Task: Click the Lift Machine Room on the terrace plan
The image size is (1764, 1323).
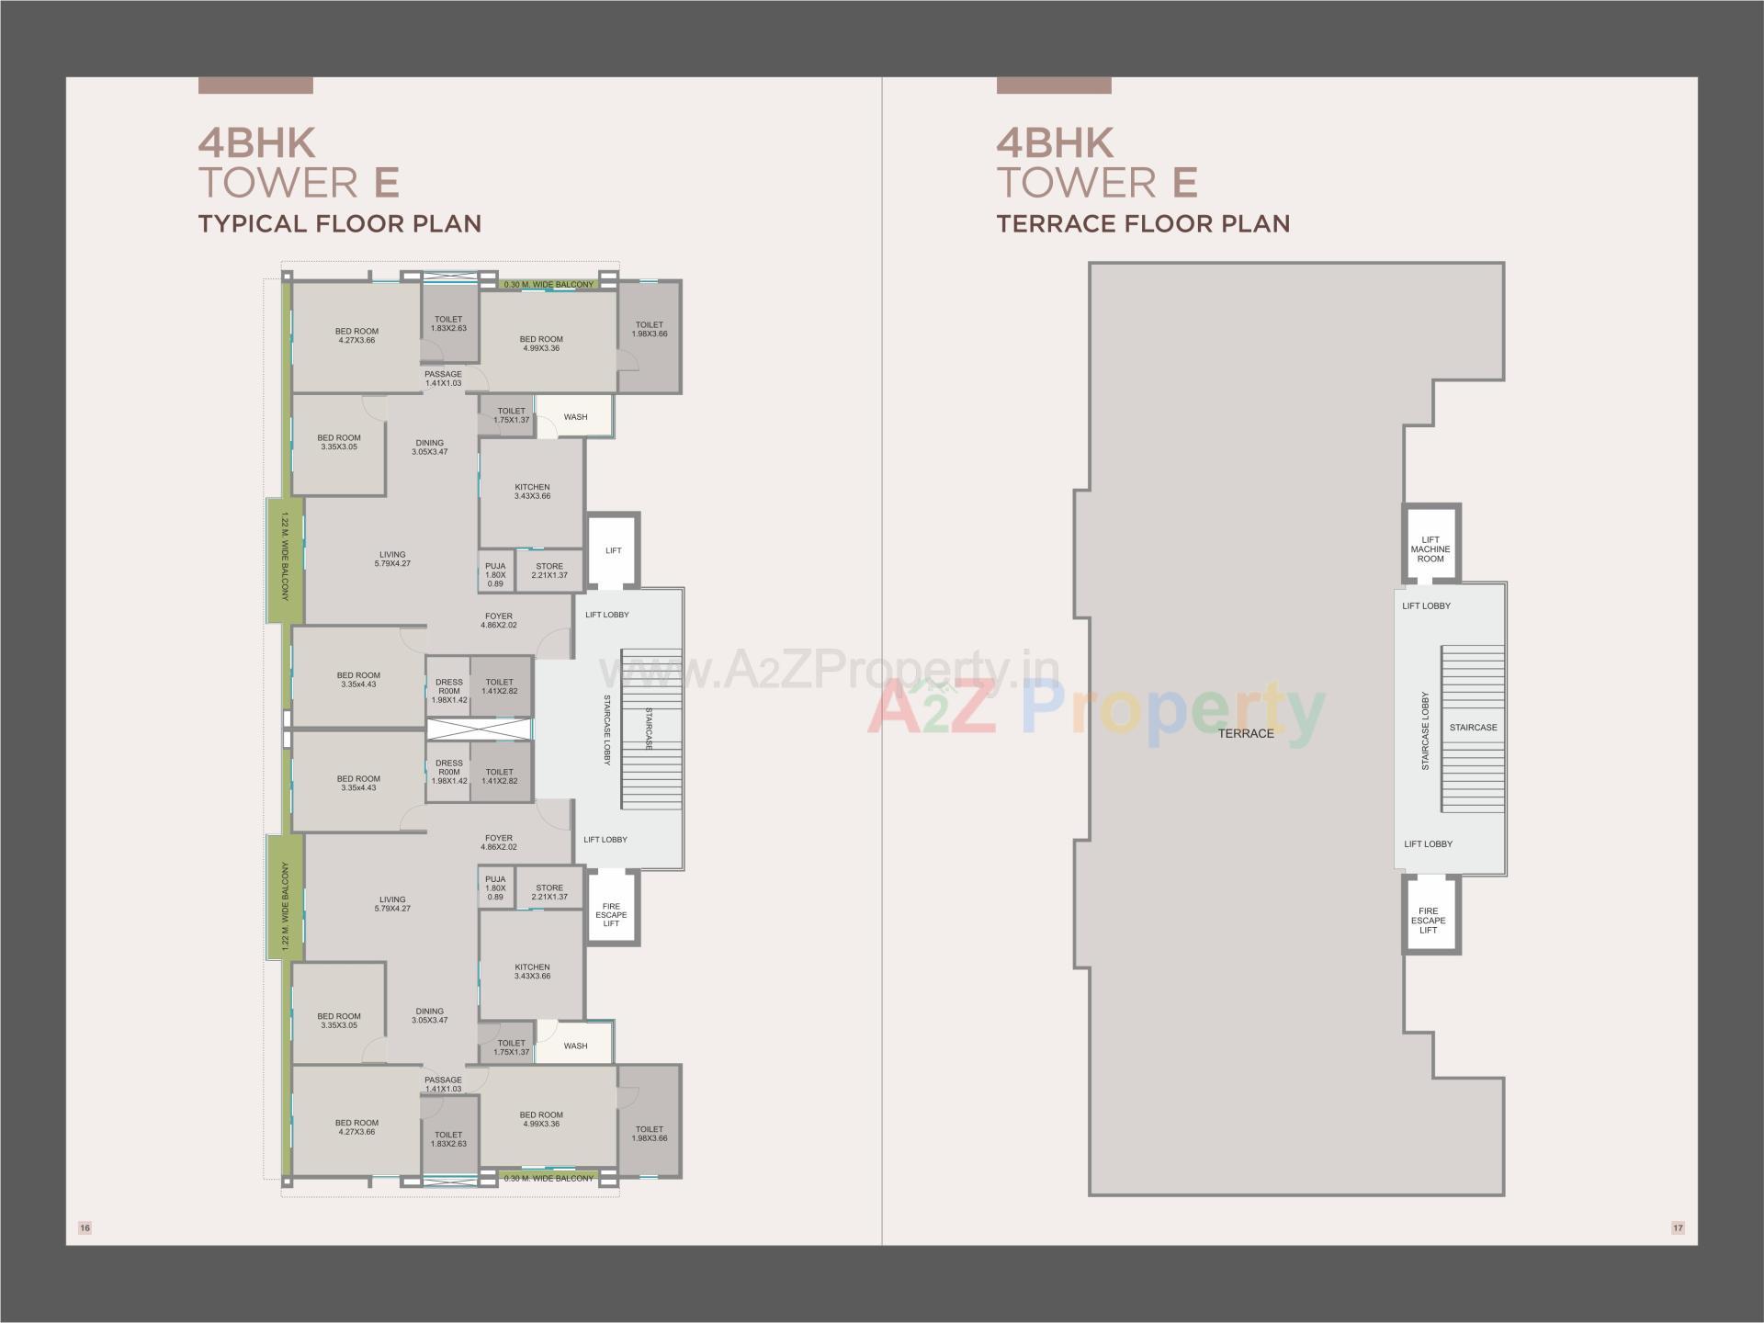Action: (1430, 549)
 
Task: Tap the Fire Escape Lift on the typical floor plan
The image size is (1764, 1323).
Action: (612, 915)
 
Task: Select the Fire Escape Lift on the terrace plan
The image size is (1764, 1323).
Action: (1429, 921)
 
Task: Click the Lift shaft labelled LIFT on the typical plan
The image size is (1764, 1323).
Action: (613, 550)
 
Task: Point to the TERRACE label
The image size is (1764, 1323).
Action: (1246, 733)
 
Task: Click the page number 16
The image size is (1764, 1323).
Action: (85, 1227)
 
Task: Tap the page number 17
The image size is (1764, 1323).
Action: (1678, 1227)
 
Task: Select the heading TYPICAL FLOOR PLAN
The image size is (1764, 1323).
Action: (340, 223)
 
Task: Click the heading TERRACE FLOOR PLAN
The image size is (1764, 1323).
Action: (1143, 223)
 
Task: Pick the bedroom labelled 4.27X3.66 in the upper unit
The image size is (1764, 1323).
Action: (356, 335)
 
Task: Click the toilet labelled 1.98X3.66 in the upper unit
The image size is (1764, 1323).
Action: (650, 329)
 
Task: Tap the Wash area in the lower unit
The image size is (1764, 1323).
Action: (575, 1046)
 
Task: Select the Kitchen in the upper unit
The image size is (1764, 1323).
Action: (532, 492)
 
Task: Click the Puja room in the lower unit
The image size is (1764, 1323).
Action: (495, 888)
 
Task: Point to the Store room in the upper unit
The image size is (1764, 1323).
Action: (549, 571)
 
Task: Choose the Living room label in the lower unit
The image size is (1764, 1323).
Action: (392, 904)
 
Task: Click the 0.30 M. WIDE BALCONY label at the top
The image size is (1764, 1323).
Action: (549, 285)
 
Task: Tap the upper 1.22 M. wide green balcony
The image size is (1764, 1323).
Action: (285, 560)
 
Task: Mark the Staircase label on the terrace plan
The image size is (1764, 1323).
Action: (1473, 728)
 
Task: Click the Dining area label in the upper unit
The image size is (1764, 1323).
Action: (429, 447)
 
